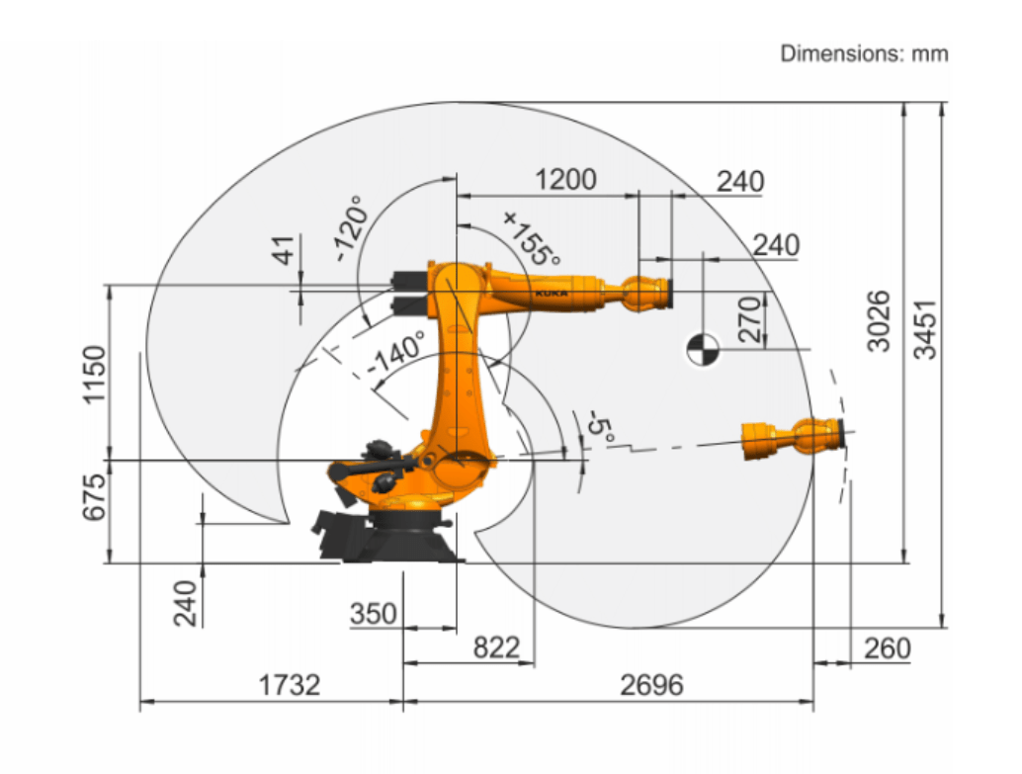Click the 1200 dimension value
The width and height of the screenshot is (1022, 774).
pos(565,180)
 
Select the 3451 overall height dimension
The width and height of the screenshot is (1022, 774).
pos(925,331)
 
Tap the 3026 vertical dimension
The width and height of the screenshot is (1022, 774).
pos(879,321)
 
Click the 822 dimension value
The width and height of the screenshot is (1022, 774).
pos(495,647)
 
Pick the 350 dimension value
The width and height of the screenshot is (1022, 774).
pos(374,613)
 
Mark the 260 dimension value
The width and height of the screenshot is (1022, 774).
pos(887,648)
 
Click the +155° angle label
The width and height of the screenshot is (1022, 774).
pos(531,238)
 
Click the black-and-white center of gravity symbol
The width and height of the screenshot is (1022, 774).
pos(701,348)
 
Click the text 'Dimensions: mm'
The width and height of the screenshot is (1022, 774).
pos(864,53)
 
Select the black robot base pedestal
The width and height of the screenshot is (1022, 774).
pos(405,539)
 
